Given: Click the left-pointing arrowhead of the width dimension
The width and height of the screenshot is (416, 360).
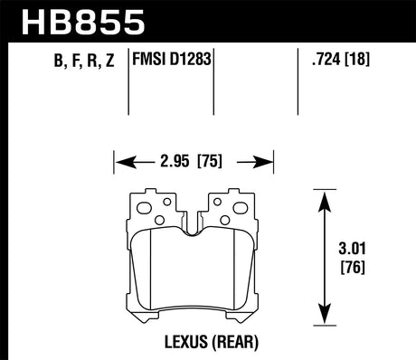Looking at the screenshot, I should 119,165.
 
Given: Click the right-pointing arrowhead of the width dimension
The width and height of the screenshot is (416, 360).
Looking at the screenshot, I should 269,165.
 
